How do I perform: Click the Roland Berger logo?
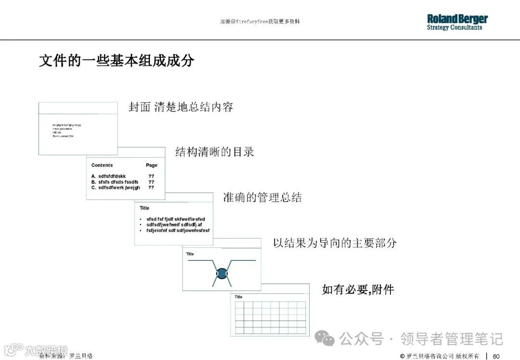457,19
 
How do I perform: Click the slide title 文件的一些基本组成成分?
117,61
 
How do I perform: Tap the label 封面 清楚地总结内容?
181,107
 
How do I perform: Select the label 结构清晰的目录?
214,152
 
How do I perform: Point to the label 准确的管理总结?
262,197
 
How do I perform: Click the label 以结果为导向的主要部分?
335,243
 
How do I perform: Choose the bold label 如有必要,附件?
358,289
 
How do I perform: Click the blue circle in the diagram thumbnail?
221,273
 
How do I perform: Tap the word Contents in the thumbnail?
102,165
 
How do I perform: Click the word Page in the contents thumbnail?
152,165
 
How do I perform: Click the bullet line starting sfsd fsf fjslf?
175,219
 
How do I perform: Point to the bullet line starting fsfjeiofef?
178,231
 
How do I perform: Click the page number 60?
496,356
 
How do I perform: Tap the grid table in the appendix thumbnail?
270,318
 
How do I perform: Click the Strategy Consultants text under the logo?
454,28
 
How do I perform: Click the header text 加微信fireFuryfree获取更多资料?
260,22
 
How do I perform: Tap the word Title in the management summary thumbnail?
144,208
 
